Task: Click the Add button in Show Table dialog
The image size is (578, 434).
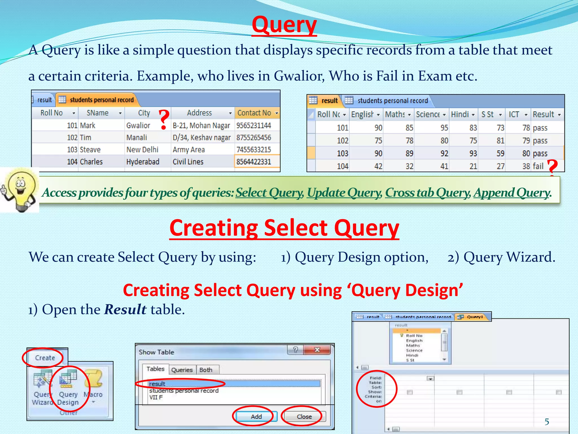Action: click(x=256, y=416)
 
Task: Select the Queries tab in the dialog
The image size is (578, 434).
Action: click(x=182, y=370)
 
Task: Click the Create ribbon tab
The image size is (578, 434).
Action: click(x=45, y=358)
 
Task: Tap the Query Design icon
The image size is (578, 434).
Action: click(x=68, y=387)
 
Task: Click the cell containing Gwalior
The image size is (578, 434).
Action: click(x=138, y=125)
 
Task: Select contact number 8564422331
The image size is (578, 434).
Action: click(x=254, y=162)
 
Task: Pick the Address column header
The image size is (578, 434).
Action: click(x=200, y=113)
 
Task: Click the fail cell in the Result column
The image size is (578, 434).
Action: click(x=538, y=166)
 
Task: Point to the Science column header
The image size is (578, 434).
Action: click(x=428, y=114)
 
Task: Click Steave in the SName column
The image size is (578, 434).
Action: click(x=90, y=149)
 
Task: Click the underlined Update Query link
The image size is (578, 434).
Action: click(x=344, y=193)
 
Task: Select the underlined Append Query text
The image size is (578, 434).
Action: click(x=511, y=193)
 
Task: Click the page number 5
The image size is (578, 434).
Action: click(x=547, y=422)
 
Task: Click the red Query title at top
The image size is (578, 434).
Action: click(x=284, y=25)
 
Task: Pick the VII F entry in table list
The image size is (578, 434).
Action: click(x=156, y=397)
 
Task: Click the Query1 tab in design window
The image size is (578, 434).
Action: click(x=474, y=317)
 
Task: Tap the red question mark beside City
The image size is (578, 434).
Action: click(x=164, y=120)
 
